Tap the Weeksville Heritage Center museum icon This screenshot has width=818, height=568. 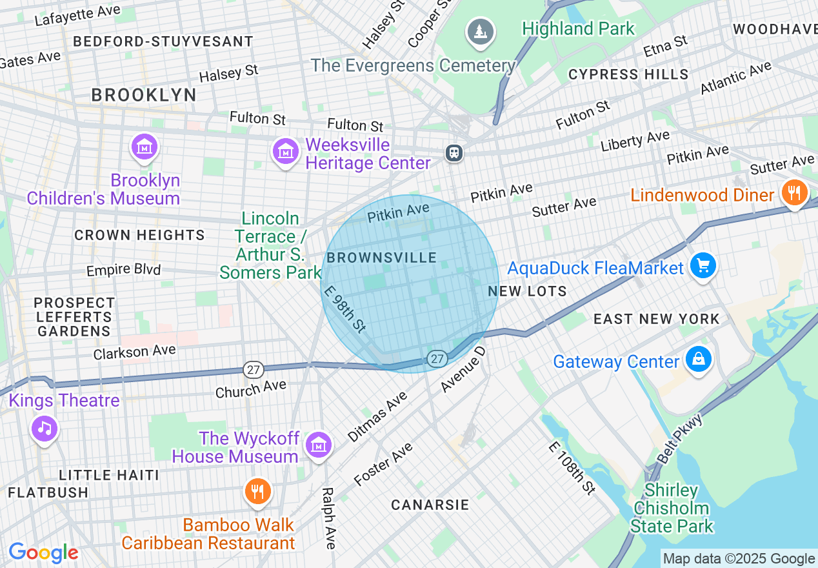click(x=284, y=152)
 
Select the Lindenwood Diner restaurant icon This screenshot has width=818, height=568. click(x=794, y=192)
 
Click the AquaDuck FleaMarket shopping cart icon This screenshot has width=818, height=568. click(x=703, y=265)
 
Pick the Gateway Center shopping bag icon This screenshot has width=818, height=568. click(x=698, y=360)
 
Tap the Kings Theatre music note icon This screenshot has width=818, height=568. click(x=44, y=428)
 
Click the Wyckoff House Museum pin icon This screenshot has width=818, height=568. click(x=318, y=445)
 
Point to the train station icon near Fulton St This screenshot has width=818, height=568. click(x=454, y=153)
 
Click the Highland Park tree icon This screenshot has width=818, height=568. click(x=479, y=31)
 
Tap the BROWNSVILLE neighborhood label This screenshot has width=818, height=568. click(x=382, y=258)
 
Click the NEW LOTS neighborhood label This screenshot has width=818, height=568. click(x=527, y=291)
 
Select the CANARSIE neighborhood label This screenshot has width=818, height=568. click(x=430, y=505)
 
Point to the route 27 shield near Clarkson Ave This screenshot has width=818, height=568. click(x=254, y=370)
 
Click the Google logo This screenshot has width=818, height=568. click(x=43, y=553)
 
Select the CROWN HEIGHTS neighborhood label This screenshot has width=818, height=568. click(x=139, y=236)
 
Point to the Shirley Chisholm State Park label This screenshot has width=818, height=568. click(x=672, y=509)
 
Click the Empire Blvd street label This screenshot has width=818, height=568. click(x=123, y=269)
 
